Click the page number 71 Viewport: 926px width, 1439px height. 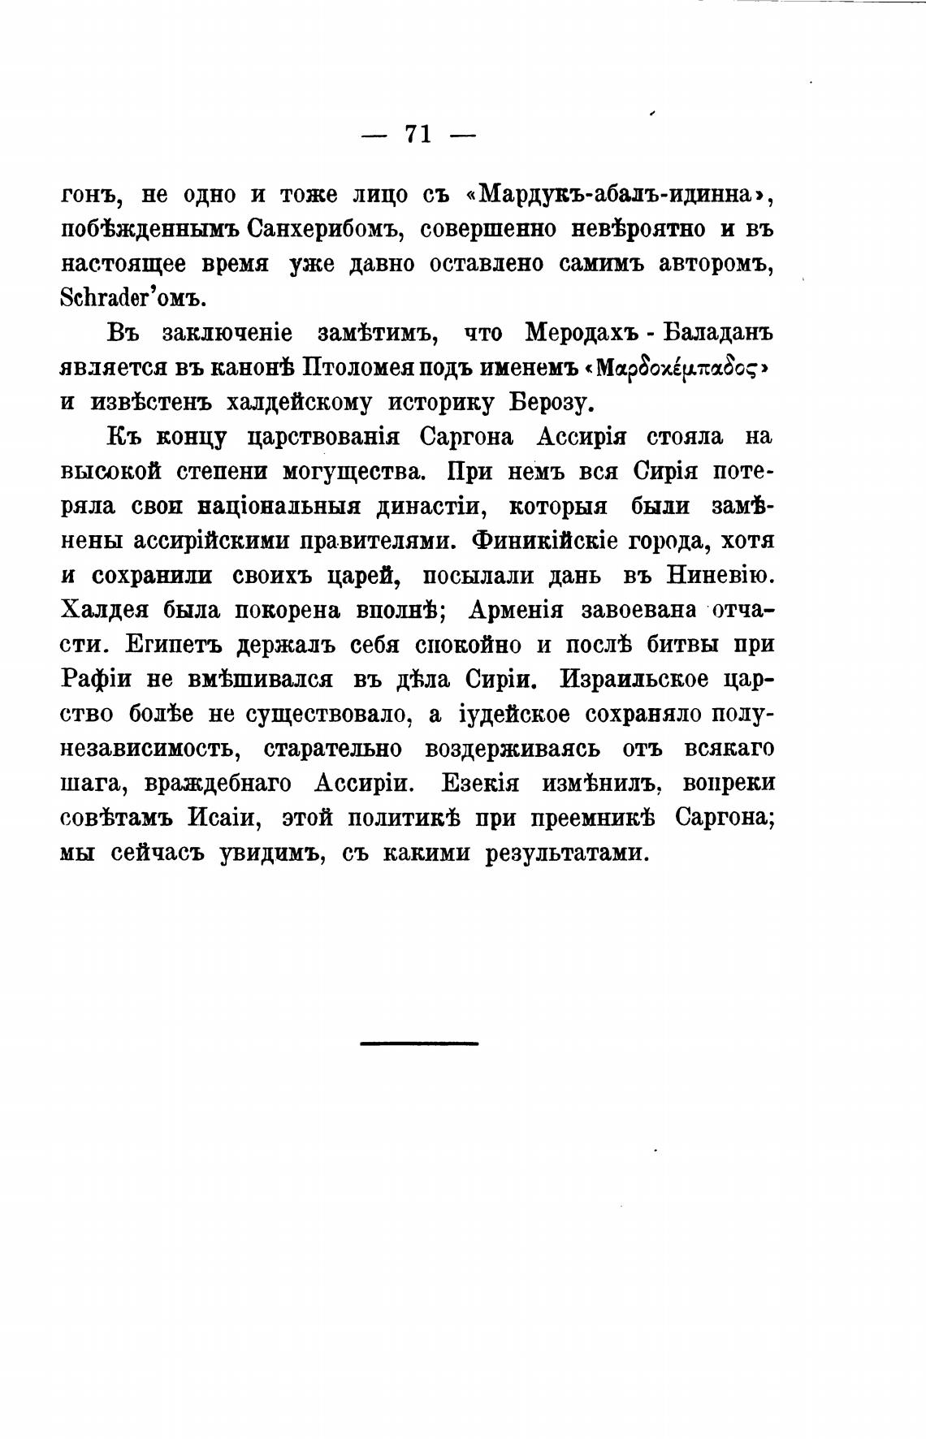pos(418,135)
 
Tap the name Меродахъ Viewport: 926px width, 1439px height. pos(584,333)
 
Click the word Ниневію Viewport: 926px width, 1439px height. pos(719,576)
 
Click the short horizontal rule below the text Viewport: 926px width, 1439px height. pos(419,1043)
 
